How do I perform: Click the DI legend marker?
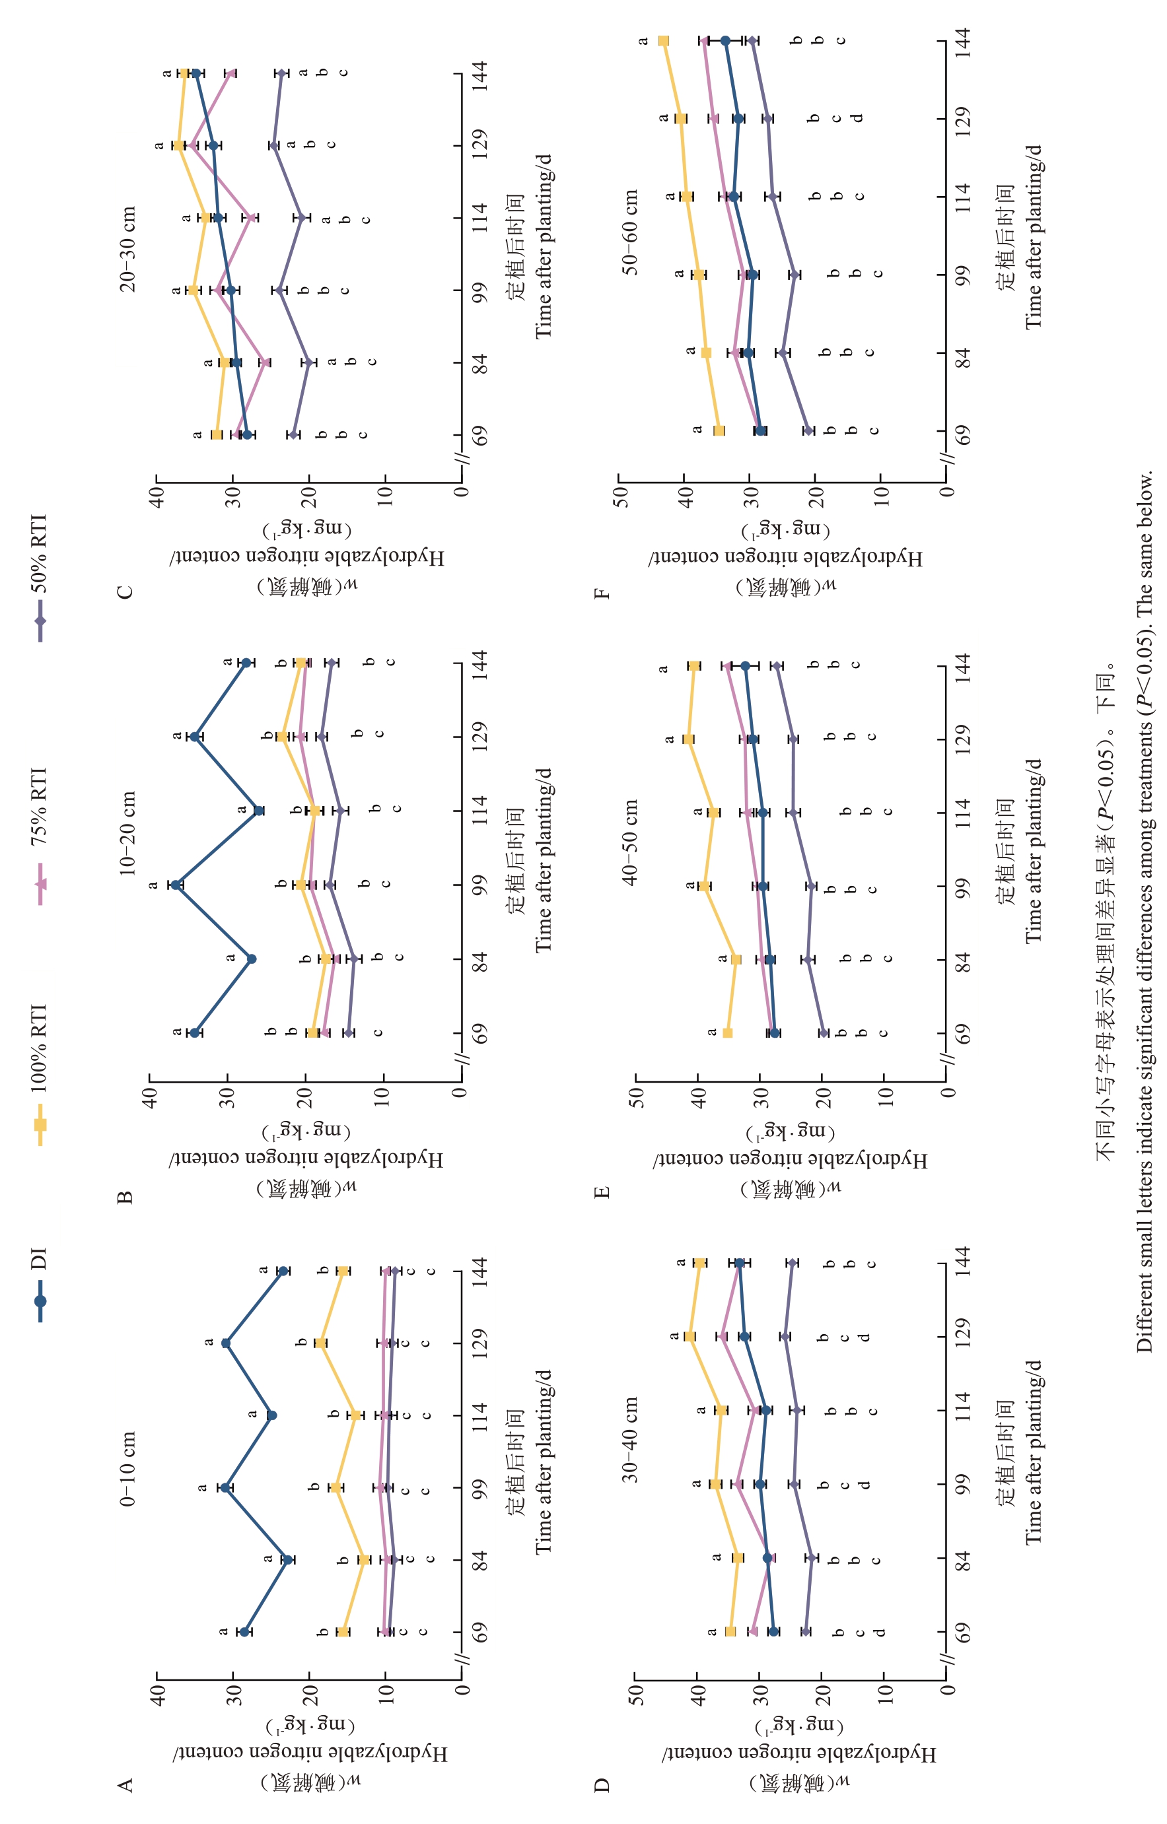pos(40,1301)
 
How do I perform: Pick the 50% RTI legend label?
pos(39,553)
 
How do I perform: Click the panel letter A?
pos(125,1785)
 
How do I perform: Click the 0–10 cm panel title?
pos(128,1469)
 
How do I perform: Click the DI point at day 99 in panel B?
pos(176,885)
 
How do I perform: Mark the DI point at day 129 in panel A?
pos(226,1343)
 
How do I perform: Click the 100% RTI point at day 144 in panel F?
pos(664,41)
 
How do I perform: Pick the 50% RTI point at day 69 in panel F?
pos(808,431)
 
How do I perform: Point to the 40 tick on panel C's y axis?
pos(157,496)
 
